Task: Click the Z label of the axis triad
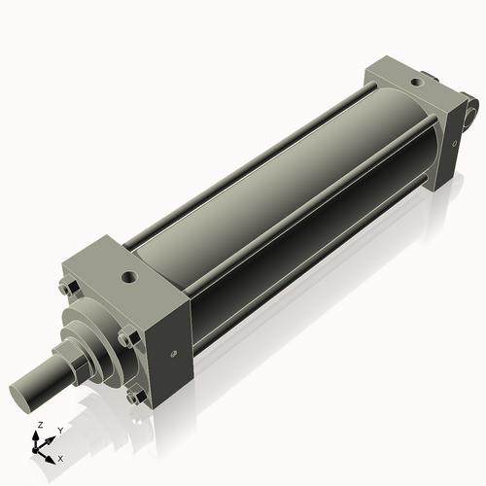tap(39, 426)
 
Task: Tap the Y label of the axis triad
tap(59, 429)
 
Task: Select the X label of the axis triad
tap(61, 457)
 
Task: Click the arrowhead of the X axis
tap(52, 455)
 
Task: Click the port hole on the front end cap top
tap(128, 278)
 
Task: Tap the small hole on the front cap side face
tap(174, 354)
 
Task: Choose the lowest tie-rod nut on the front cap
tap(133, 397)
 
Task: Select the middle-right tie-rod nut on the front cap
tap(126, 338)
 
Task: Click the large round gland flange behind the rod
tap(97, 335)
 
